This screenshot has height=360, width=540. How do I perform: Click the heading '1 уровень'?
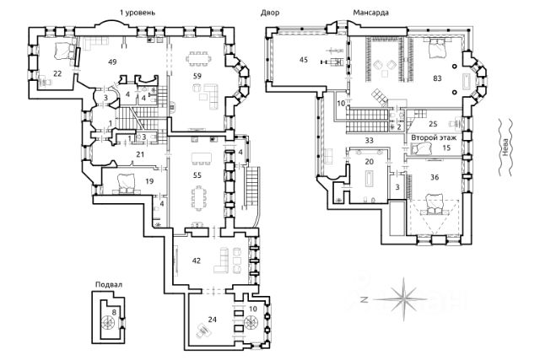click(138, 13)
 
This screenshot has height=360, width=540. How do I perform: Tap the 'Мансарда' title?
click(371, 13)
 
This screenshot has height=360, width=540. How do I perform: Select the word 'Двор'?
click(270, 13)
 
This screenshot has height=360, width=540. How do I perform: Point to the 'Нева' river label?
click(505, 148)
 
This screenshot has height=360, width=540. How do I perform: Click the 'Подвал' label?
click(109, 285)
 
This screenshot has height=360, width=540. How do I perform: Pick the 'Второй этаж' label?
click(434, 137)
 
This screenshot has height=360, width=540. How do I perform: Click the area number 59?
click(197, 76)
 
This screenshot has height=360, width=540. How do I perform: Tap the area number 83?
click(437, 78)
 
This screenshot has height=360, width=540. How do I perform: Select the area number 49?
click(112, 62)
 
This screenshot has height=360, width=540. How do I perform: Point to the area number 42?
click(197, 261)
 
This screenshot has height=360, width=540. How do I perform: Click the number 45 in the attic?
click(304, 60)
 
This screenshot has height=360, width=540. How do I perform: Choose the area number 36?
click(435, 177)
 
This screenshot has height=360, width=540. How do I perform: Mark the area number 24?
click(212, 320)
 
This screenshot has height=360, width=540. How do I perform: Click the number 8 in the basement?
click(114, 313)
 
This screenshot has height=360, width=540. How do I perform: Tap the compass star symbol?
click(403, 299)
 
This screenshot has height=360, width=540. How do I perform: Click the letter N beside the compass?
click(364, 300)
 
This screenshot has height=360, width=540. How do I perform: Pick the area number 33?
click(370, 140)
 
